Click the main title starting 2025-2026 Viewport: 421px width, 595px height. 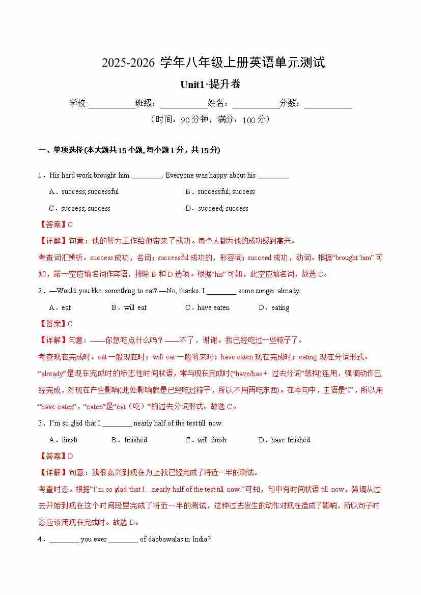(213, 63)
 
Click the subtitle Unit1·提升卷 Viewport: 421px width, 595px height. (210, 84)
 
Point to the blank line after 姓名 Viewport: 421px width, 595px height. (256, 104)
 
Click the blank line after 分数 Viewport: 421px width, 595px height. (328, 104)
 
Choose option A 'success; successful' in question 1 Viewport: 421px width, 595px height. (84, 192)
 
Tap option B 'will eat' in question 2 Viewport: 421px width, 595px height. (129, 307)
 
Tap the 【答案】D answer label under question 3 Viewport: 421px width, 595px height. (56, 456)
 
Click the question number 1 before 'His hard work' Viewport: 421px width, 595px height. (40, 176)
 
